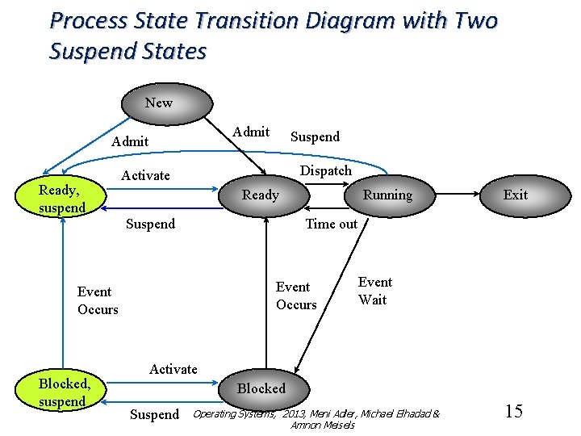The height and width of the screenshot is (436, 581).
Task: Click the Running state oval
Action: pyautogui.click(x=387, y=195)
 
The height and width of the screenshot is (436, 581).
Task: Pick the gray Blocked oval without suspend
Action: pyautogui.click(x=261, y=388)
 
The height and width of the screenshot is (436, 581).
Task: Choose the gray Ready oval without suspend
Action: pyautogui.click(x=261, y=195)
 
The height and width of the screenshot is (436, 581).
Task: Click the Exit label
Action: pyautogui.click(x=515, y=195)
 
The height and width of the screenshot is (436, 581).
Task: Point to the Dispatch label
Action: pyautogui.click(x=326, y=170)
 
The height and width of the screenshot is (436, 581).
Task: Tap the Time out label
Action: pyautogui.click(x=331, y=224)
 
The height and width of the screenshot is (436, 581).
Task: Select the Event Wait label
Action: pyautogui.click(x=374, y=291)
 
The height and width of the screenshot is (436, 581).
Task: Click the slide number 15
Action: pyautogui.click(x=513, y=411)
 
